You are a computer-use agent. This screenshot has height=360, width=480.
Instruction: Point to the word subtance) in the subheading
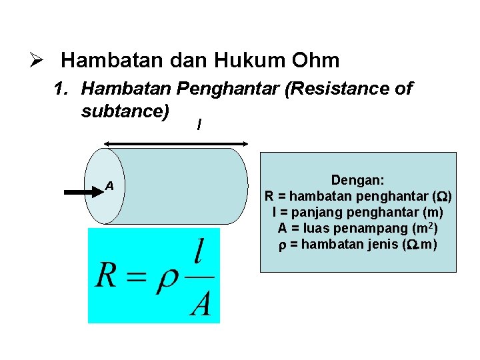125,111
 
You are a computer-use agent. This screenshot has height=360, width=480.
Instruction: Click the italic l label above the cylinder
200,125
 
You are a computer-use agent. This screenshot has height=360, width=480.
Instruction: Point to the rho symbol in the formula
166,280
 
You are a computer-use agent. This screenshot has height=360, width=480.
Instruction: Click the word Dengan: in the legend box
358,181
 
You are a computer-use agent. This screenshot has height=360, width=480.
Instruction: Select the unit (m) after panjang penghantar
433,213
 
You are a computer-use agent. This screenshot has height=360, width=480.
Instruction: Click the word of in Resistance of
402,89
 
